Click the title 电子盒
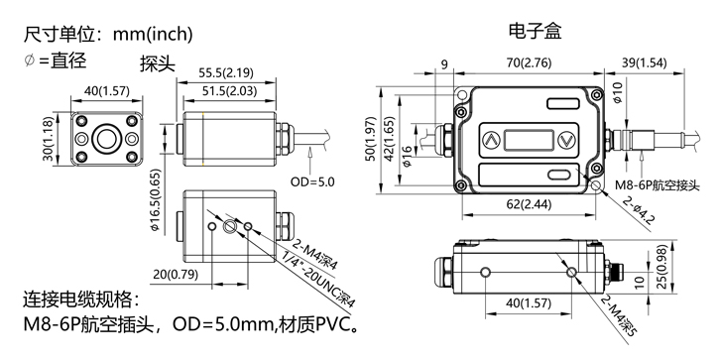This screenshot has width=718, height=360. click(x=535, y=31)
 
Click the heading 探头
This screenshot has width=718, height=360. click(x=158, y=64)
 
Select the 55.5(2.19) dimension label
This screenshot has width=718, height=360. click(x=226, y=73)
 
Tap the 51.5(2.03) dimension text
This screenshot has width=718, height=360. click(x=229, y=91)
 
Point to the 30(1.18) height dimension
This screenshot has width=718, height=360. click(x=48, y=139)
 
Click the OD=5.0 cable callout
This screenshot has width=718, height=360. click(x=312, y=181)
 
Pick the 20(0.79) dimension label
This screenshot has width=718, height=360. click(x=176, y=275)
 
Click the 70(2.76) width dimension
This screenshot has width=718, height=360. click(x=529, y=62)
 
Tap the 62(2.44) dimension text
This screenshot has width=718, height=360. click(x=529, y=204)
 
